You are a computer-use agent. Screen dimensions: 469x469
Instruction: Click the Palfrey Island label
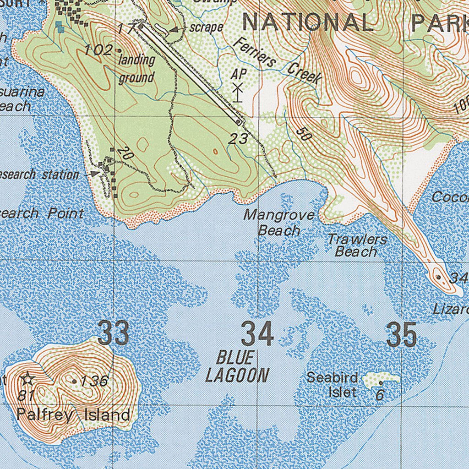73,415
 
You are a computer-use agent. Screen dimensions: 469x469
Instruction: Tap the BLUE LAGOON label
236,366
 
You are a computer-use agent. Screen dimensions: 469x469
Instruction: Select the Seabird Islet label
332,385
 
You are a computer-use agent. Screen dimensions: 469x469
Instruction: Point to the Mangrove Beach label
279,223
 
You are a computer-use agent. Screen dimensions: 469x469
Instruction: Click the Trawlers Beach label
357,245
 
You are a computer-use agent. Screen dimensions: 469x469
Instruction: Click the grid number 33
114,333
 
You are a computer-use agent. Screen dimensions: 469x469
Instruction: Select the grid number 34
257,334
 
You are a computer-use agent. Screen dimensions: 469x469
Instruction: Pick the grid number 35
401,334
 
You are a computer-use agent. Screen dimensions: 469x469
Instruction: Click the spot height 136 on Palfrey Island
93,381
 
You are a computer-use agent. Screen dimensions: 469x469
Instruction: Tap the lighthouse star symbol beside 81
27,379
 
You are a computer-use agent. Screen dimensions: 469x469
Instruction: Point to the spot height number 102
98,49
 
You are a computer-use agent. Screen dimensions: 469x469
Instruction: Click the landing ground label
136,69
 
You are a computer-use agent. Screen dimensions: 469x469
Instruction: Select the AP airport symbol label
239,74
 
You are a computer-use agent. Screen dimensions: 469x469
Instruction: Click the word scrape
207,27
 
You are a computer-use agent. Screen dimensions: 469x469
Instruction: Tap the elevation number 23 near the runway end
238,138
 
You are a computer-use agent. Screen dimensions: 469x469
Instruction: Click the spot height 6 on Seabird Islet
380,394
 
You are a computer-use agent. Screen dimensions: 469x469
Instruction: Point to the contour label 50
302,133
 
